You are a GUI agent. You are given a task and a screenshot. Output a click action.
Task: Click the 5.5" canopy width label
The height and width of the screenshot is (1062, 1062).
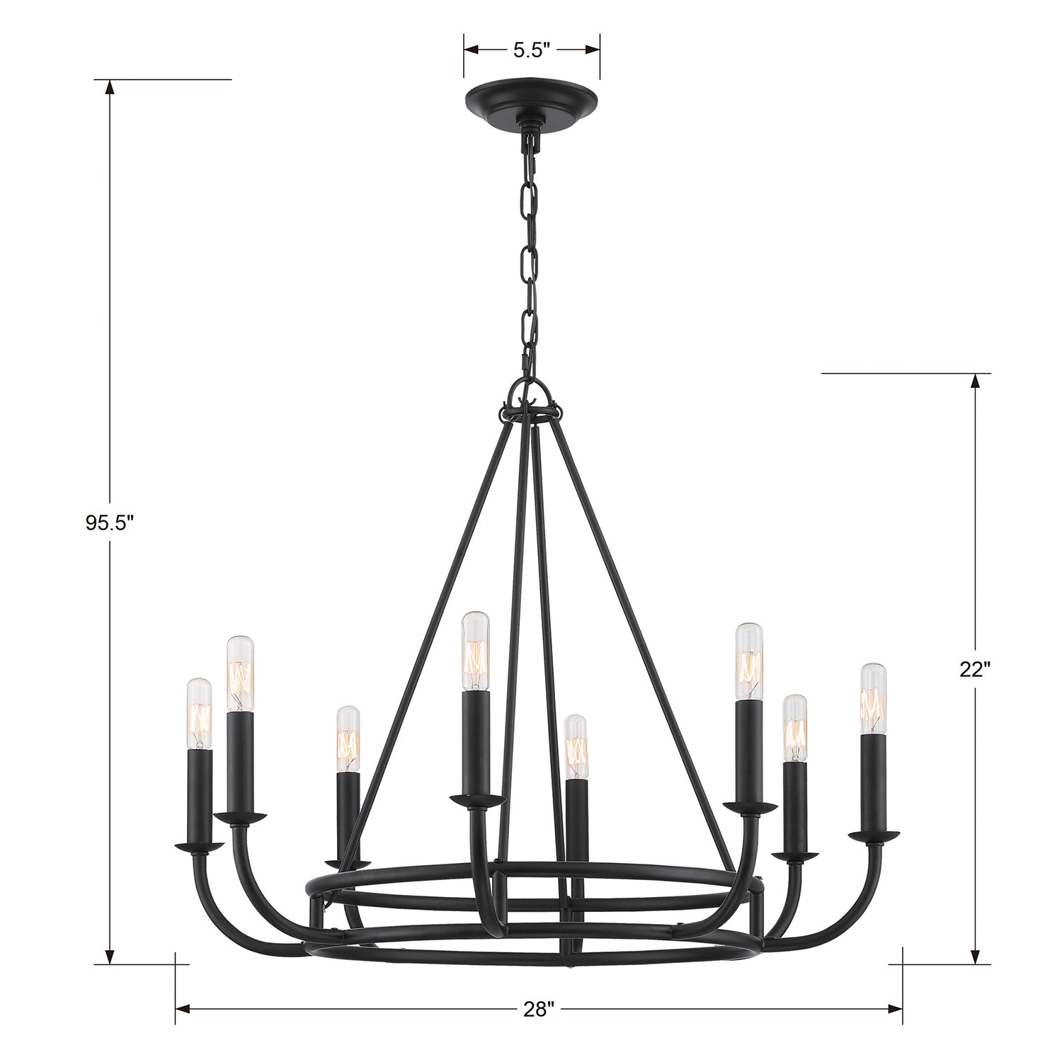532,50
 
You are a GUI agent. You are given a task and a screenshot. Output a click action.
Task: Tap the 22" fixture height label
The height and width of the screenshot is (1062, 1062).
975,670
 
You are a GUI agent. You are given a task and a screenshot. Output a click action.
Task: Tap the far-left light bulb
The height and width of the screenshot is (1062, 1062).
199,713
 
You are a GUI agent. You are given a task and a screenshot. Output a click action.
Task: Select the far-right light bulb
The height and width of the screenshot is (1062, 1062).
874,699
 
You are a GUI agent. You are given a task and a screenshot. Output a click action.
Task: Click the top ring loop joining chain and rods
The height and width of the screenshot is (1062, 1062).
531,396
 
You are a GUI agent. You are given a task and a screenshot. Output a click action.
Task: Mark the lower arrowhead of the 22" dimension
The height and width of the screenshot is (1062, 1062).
975,957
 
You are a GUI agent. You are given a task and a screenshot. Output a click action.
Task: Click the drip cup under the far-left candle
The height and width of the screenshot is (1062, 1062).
199,846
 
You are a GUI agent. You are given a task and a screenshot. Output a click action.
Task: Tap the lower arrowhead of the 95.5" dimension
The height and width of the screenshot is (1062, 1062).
110,957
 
